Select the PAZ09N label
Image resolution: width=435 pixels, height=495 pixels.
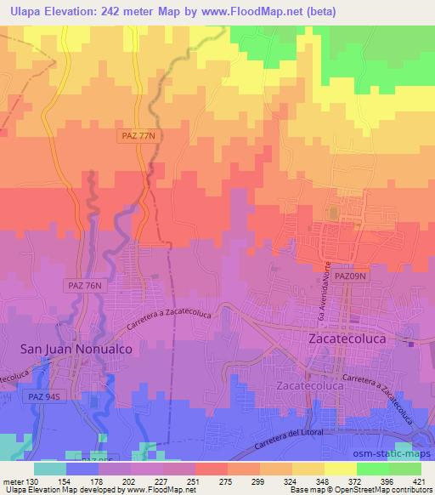(349, 276)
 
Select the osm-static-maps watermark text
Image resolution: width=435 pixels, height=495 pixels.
(387, 453)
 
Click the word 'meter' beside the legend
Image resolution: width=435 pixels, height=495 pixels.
(12, 481)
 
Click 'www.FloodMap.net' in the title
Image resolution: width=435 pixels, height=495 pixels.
(255, 12)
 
